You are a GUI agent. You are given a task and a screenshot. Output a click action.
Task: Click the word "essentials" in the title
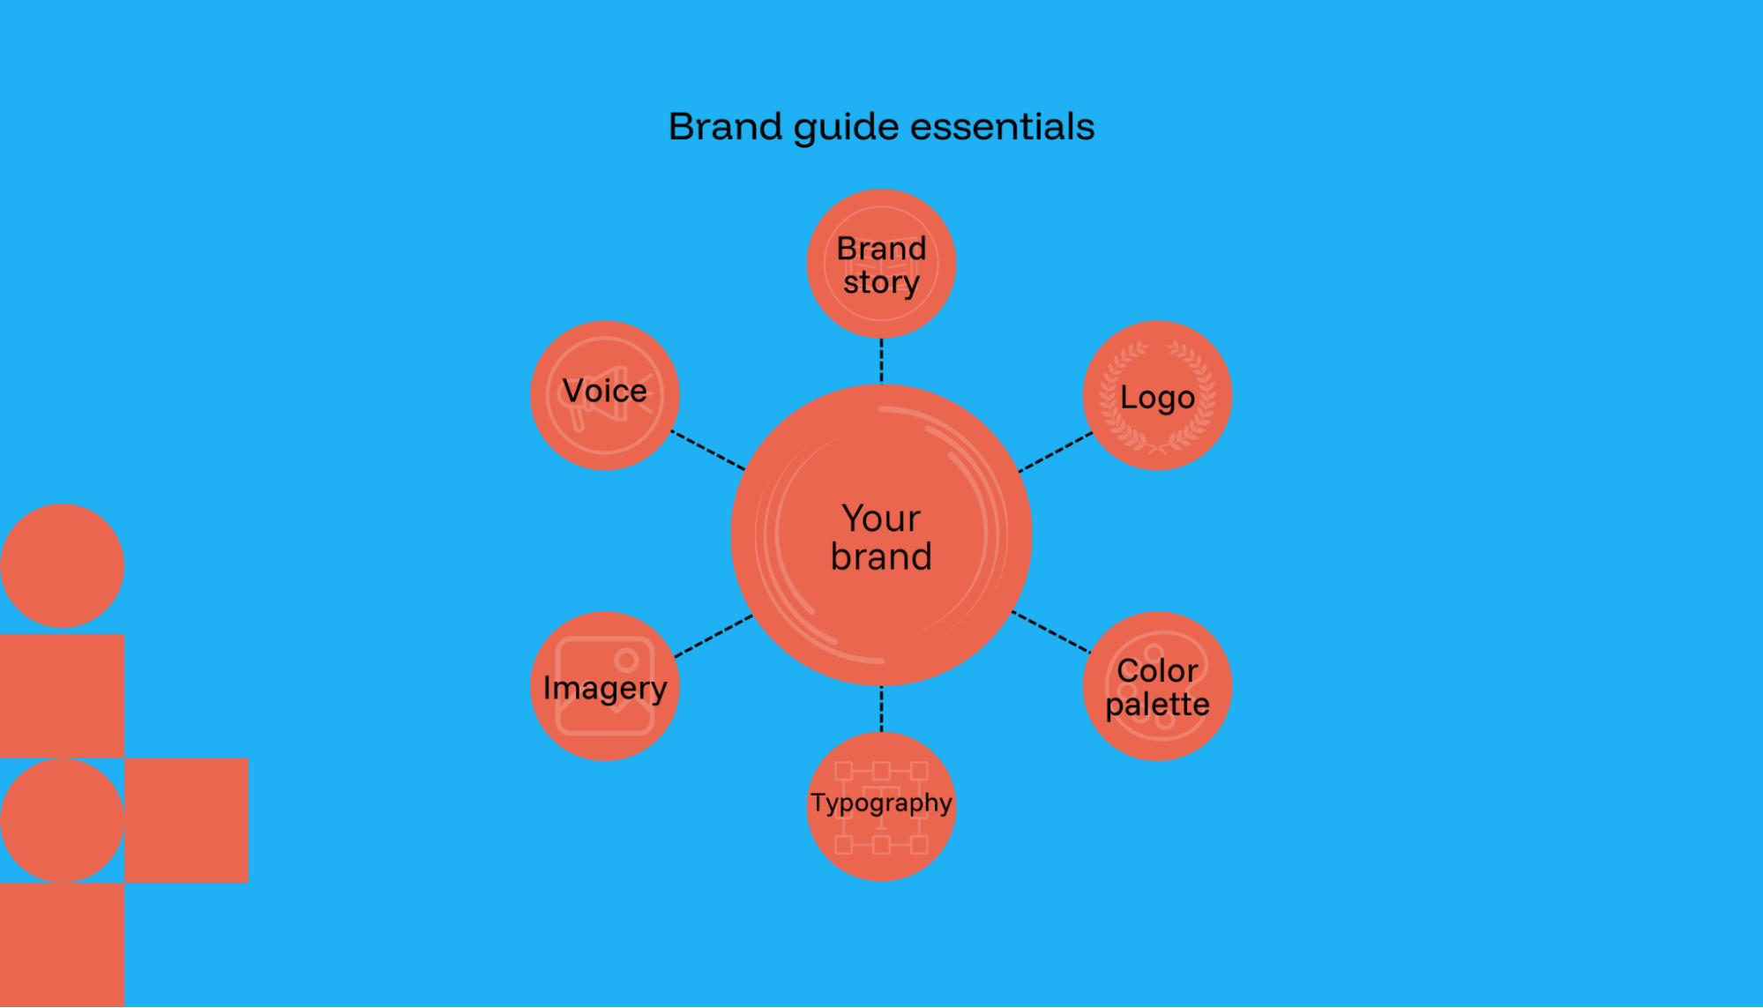pos(1002,127)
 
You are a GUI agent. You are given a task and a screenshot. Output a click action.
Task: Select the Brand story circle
pos(881,264)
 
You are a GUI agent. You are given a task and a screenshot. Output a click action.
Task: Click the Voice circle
pos(605,395)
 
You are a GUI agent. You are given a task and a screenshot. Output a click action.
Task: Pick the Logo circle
pos(1157,395)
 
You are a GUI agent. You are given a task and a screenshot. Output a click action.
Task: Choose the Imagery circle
pos(605,686)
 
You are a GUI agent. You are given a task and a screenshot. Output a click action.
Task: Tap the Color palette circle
pos(1157,686)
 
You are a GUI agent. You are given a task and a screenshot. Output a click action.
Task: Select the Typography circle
pos(881,806)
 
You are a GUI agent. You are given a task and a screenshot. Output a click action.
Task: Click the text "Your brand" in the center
pos(881,537)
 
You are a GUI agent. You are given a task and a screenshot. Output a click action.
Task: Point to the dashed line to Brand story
pos(881,361)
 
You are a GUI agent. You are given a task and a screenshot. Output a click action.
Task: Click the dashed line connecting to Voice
pos(708,450)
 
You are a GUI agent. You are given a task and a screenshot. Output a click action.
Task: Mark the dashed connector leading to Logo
pos(1056,452)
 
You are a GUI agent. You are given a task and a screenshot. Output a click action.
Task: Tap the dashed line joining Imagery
pos(713,636)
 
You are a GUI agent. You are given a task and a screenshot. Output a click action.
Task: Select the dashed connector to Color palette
pos(1051,631)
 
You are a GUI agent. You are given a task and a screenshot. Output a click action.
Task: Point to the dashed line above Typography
pos(881,709)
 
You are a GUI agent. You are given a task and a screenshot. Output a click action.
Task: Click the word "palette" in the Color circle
pos(1157,705)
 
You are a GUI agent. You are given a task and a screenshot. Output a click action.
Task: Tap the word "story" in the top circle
pos(881,283)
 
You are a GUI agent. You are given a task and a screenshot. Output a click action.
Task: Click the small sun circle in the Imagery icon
pos(627,660)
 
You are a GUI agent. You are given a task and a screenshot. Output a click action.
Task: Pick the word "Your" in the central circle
pos(881,519)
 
